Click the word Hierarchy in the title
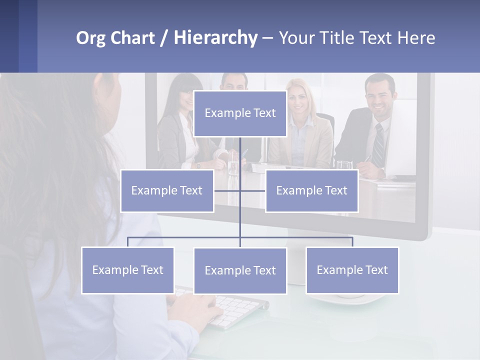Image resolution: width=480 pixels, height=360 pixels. coord(215,38)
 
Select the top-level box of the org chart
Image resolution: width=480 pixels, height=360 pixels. coord(240,113)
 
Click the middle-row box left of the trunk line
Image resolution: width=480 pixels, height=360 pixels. coord(167,191)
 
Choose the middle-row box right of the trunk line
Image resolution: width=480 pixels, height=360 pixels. coord(311,191)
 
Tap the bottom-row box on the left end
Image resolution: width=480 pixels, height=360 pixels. coord(127,270)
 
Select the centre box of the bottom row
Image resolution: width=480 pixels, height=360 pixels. coord(240,271)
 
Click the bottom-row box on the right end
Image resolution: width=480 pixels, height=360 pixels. coord(352,270)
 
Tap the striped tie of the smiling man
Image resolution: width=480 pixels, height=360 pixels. coord(379,145)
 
